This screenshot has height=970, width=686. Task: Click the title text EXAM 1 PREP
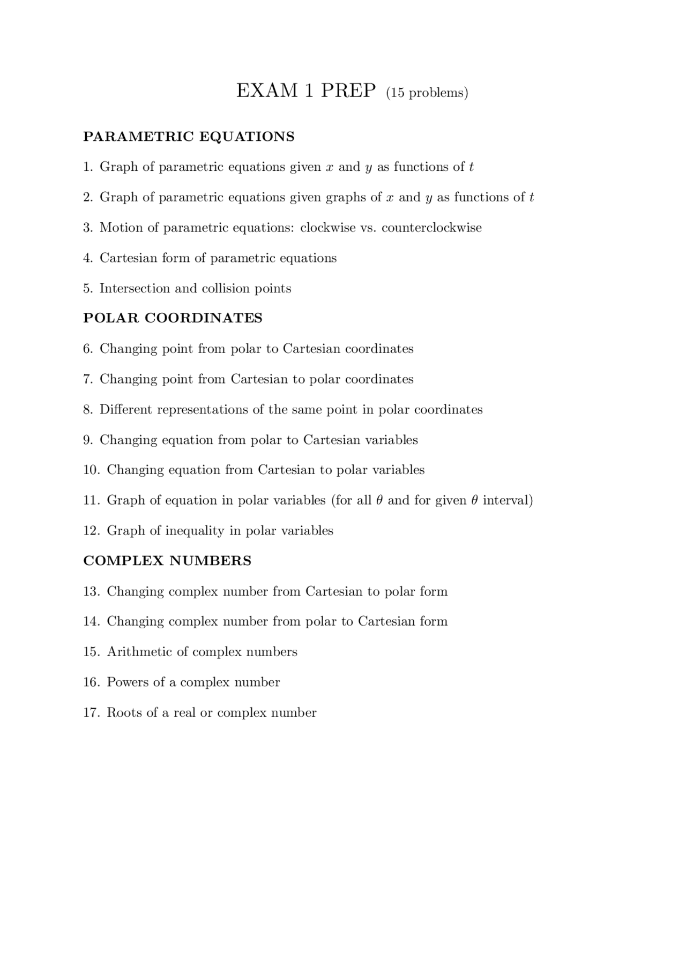pos(306,91)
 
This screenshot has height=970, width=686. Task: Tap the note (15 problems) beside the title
pos(427,93)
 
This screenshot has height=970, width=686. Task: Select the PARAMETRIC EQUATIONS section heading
pos(189,137)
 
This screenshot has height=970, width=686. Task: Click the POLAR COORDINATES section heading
pos(173,318)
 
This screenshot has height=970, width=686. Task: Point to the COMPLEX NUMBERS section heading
pos(167,561)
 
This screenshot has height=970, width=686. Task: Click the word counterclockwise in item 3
pos(431,228)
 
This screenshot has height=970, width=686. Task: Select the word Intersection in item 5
pos(135,289)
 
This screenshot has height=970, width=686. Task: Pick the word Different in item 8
pos(126,410)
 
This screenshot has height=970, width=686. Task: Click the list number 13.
pos(91,591)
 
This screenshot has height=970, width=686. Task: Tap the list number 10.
pos(91,470)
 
